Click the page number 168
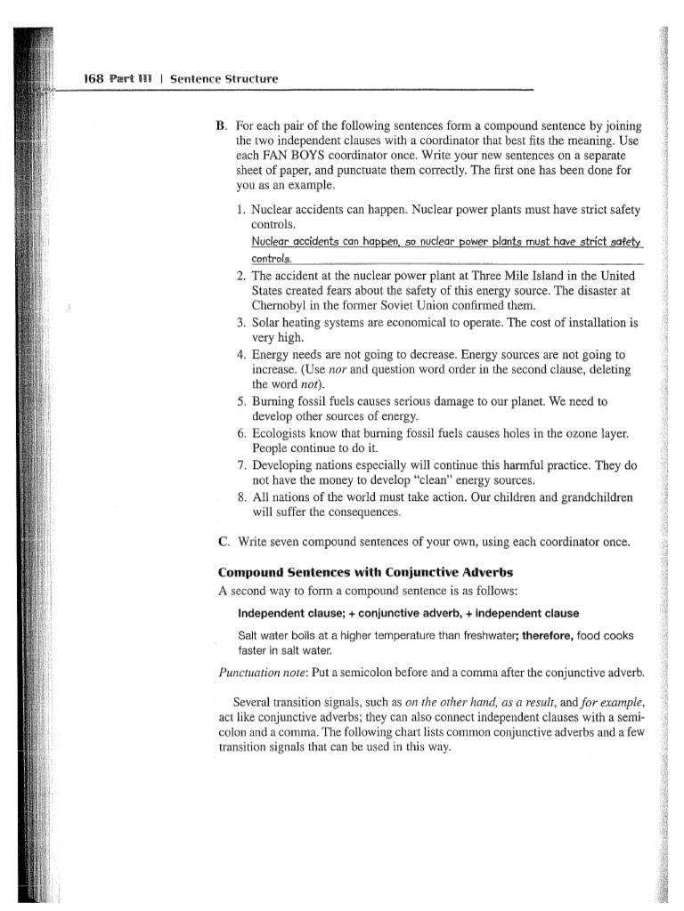[x=94, y=79]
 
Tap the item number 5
[x=241, y=402]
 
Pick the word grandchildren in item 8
[x=597, y=497]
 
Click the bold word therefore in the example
[x=548, y=635]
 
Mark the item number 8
[x=241, y=497]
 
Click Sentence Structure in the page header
[x=224, y=79]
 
